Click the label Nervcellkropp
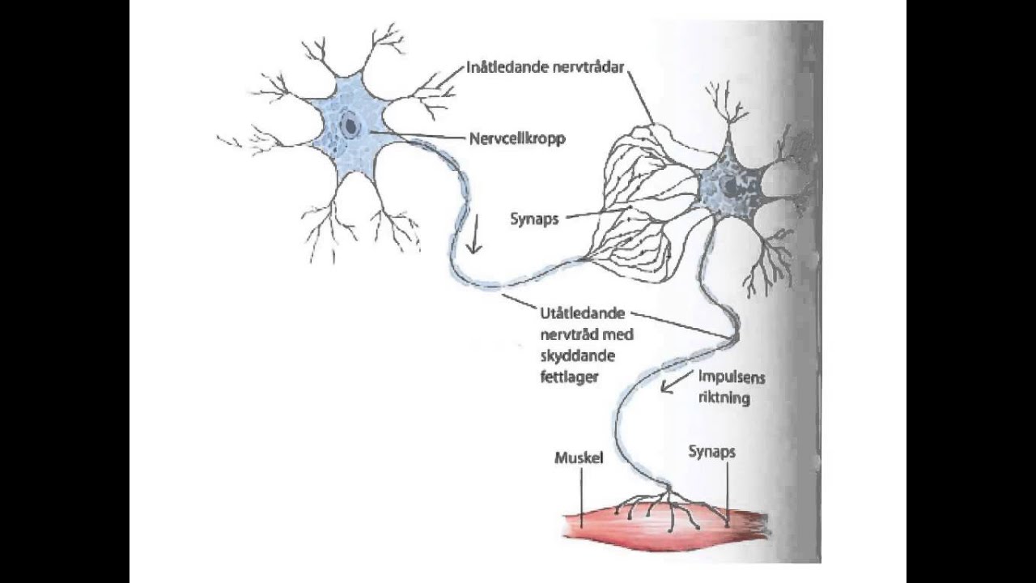pyautogui.click(x=517, y=138)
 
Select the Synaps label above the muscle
pyautogui.click(x=711, y=452)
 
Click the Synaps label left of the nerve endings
pyautogui.click(x=534, y=219)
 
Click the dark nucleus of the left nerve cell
pyautogui.click(x=350, y=126)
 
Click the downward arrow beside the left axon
pyautogui.click(x=475, y=237)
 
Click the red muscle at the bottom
pyautogui.click(x=664, y=530)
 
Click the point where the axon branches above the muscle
pyautogui.click(x=669, y=492)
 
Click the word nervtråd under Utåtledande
pyautogui.click(x=562, y=334)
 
